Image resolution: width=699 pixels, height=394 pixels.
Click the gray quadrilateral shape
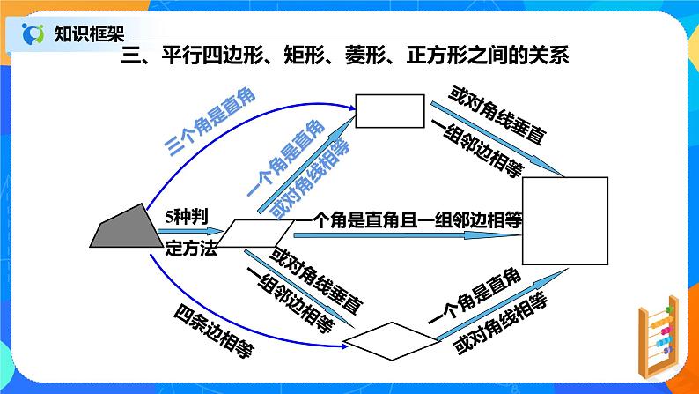[x=128, y=228]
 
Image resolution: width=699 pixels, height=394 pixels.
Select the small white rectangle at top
[x=390, y=111]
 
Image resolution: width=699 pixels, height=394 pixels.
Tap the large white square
[x=565, y=221]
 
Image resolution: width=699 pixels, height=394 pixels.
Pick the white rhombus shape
[x=391, y=341]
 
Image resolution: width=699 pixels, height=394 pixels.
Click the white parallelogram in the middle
[x=255, y=233]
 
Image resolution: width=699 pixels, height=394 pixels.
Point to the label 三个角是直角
[x=210, y=123]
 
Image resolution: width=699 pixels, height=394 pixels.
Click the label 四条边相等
[x=214, y=331]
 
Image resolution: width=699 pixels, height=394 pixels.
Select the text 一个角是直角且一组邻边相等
[x=408, y=220]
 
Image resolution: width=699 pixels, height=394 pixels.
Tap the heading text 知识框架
[x=89, y=33]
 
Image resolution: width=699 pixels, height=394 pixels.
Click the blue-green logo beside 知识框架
[x=33, y=33]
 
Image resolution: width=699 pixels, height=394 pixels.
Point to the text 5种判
[x=187, y=218]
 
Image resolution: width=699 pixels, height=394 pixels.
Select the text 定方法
[x=191, y=248]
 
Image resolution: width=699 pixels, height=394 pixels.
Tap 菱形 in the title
[x=365, y=56]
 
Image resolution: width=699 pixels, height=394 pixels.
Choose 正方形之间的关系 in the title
[x=487, y=56]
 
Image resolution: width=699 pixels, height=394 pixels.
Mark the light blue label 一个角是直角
[x=286, y=159]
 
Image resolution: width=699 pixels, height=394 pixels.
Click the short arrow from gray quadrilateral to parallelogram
[x=190, y=231]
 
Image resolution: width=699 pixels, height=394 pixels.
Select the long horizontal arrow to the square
[x=408, y=235]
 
